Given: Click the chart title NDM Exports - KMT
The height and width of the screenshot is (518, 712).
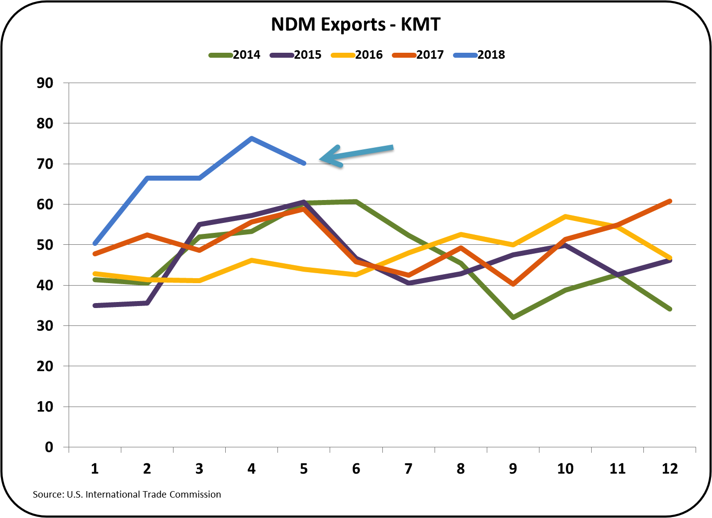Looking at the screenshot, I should tap(356, 24).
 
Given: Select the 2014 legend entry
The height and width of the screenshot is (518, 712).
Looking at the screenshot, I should tap(235, 55).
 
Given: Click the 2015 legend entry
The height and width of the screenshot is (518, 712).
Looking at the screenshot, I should tap(296, 55).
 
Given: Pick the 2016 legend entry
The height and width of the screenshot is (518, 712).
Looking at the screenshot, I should tap(357, 55).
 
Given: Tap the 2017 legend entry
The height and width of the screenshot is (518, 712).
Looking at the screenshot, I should tap(418, 55).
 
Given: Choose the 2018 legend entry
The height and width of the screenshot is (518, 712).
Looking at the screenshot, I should tap(479, 55).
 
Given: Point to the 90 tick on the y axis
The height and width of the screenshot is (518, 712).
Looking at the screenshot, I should tap(45, 83).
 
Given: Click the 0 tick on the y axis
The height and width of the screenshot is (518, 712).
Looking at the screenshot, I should tap(49, 447).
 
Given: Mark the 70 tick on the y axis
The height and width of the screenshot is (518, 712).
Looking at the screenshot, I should tap(45, 164).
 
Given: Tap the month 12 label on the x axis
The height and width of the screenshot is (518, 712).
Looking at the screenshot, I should tap(670, 468).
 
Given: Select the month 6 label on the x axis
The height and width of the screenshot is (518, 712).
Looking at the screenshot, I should tap(356, 468).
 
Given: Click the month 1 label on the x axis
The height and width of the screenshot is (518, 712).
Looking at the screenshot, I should tap(94, 468).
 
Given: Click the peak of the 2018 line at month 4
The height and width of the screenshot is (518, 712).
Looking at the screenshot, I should tap(252, 138).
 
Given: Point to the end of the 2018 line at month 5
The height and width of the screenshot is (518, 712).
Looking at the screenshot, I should tap(304, 163).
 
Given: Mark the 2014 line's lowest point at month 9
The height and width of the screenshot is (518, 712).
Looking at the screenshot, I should tap(513, 317).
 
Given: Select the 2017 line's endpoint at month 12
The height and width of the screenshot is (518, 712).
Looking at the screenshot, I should tap(670, 201).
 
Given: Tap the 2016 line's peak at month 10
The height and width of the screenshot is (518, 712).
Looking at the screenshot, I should tap(565, 216).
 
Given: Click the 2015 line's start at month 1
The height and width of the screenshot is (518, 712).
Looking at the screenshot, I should tap(94, 306).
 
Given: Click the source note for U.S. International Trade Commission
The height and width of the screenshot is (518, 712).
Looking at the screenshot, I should tap(127, 494).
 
